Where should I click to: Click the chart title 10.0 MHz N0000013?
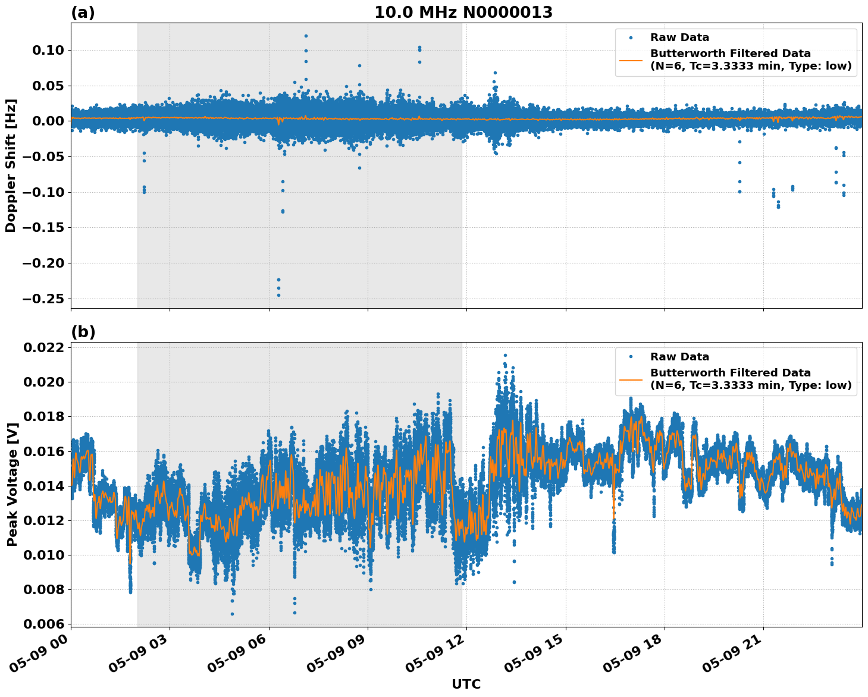[x=463, y=12]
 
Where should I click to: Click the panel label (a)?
[x=83, y=12]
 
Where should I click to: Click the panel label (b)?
[x=83, y=332]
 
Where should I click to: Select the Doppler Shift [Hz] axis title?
[x=11, y=165]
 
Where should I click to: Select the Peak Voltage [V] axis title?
[x=12, y=484]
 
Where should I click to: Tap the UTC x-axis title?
[x=466, y=684]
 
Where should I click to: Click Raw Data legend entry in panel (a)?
[x=679, y=37]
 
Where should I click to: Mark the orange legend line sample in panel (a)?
[x=631, y=60]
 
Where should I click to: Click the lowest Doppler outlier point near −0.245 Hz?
[x=278, y=295]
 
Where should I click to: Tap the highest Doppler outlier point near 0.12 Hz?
[x=306, y=36]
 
